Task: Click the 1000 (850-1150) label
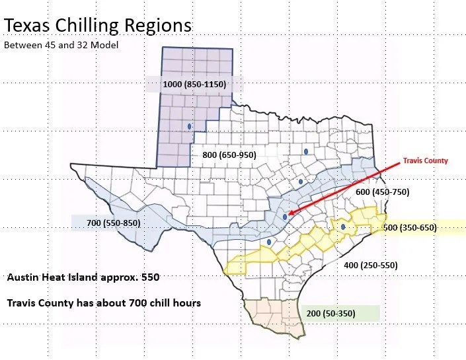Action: pyautogui.click(x=194, y=84)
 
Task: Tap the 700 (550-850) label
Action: pyautogui.click(x=113, y=223)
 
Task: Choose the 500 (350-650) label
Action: pyautogui.click(x=410, y=227)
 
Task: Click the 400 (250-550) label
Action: pyautogui.click(x=370, y=265)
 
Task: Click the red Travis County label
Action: pyautogui.click(x=425, y=161)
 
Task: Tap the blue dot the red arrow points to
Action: pyautogui.click(x=284, y=216)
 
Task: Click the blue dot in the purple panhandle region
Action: pyautogui.click(x=189, y=125)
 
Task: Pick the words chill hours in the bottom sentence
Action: pyautogui.click(x=173, y=303)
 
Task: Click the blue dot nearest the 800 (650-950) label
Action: pyautogui.click(x=306, y=151)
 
